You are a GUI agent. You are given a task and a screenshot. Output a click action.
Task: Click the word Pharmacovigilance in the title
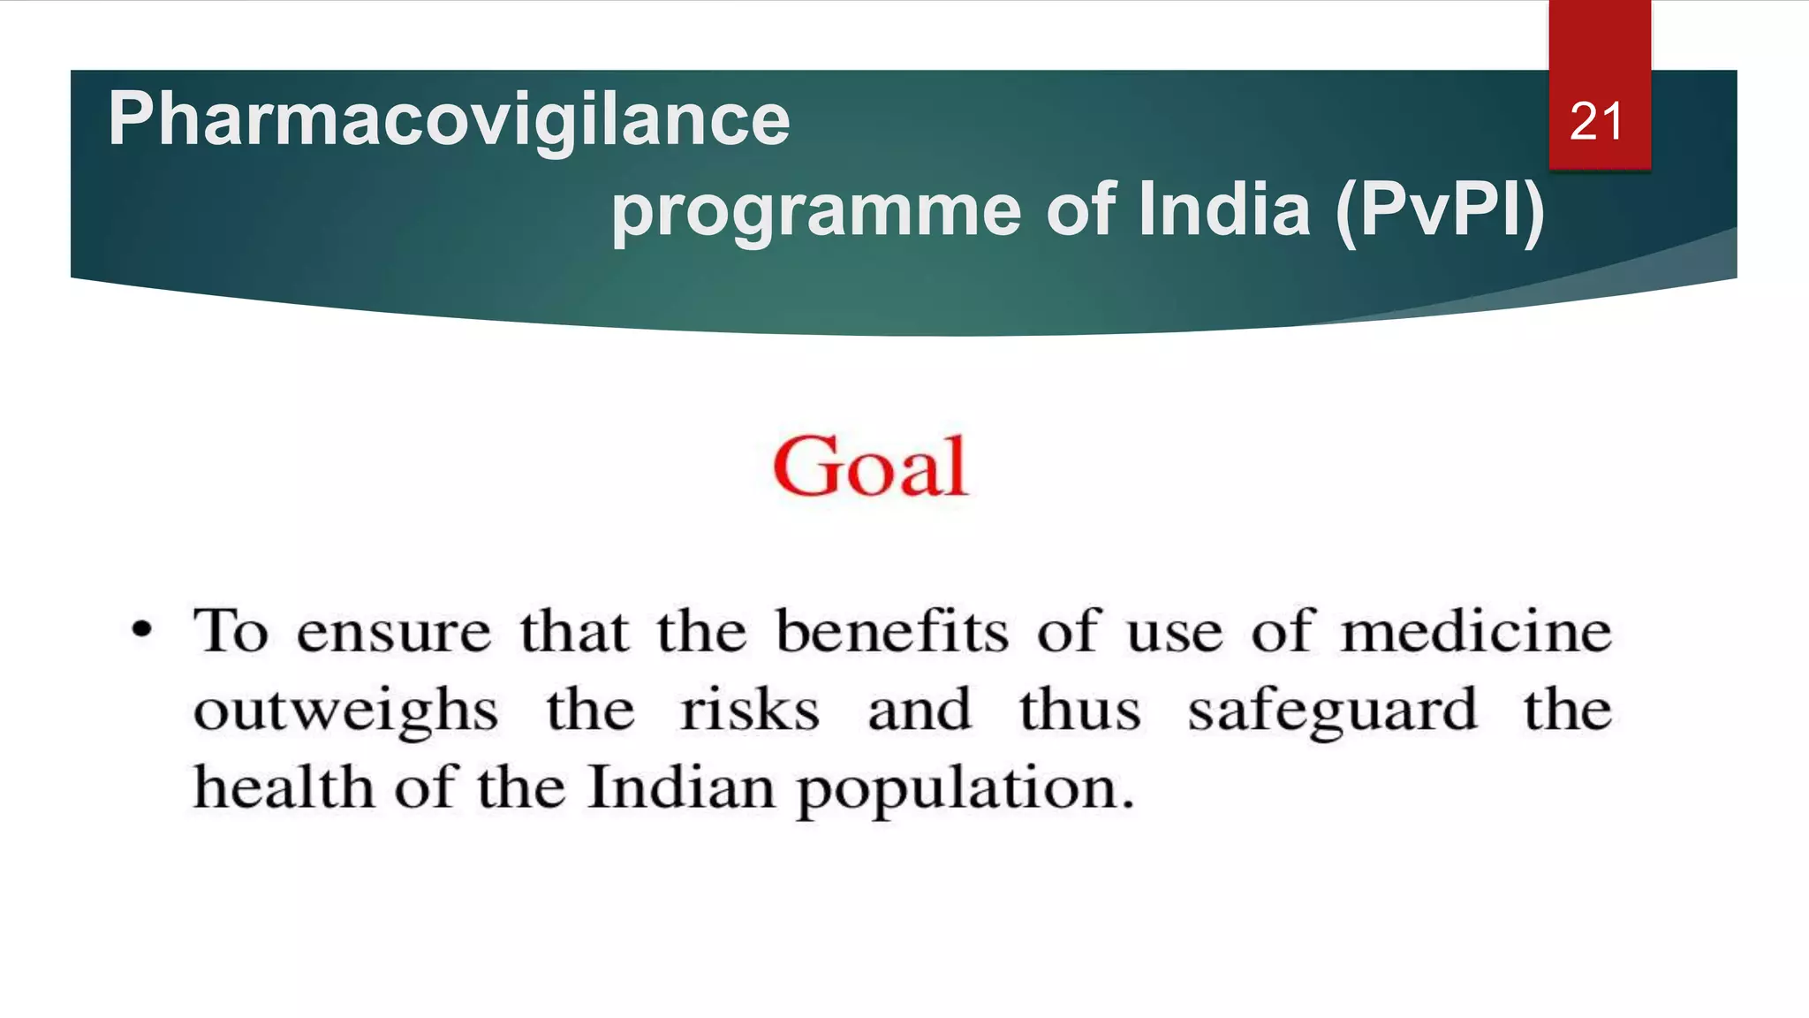[x=449, y=120]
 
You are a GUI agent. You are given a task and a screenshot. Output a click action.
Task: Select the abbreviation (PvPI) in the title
[x=1439, y=210]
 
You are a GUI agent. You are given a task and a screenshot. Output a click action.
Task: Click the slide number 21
[x=1596, y=121]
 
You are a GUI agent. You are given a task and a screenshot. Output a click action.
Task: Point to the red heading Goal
[x=870, y=467]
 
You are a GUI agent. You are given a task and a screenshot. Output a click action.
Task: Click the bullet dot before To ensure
[x=141, y=631]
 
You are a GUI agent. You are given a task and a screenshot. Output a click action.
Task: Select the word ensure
[x=393, y=633]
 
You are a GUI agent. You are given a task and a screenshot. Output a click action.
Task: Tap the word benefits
[x=891, y=631]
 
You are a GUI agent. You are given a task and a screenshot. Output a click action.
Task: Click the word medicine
[x=1476, y=631]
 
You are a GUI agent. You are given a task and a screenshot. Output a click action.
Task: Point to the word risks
[x=749, y=710]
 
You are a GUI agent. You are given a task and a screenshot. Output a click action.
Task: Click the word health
[x=284, y=786]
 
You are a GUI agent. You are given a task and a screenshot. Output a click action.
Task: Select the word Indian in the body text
[x=680, y=786]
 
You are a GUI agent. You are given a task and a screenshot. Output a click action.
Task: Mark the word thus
[x=1079, y=710]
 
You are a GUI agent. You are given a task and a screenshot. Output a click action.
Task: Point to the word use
[x=1175, y=633]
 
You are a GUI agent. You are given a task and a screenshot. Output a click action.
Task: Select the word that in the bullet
[x=574, y=631]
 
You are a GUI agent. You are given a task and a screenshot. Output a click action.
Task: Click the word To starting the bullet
[x=231, y=631]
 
